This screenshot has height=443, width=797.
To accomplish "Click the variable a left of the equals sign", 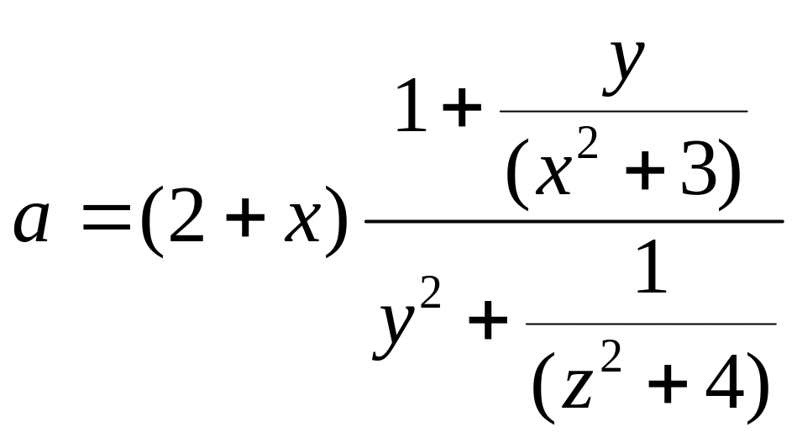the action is click(32, 221).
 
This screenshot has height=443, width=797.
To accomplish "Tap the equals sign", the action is click(106, 217).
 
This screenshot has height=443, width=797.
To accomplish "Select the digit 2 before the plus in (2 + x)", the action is click(186, 215).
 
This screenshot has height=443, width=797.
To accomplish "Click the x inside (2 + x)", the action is click(303, 221).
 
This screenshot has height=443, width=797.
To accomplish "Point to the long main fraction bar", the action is click(574, 221).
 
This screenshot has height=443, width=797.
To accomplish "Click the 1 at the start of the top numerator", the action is click(411, 105).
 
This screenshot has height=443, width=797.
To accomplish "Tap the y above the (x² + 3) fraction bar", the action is click(624, 68).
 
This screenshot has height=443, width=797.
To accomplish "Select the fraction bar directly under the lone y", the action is click(624, 110).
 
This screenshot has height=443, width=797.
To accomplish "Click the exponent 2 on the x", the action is click(588, 144).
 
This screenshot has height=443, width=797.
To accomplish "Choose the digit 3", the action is click(699, 166).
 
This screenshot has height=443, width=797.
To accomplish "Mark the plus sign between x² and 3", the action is click(645, 171).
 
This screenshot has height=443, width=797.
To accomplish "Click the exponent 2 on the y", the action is click(430, 292).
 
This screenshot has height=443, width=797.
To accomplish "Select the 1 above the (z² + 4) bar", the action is click(651, 266).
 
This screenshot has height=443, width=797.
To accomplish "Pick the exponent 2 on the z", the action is click(611, 356).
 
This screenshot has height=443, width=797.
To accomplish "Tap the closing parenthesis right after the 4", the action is click(758, 387).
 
